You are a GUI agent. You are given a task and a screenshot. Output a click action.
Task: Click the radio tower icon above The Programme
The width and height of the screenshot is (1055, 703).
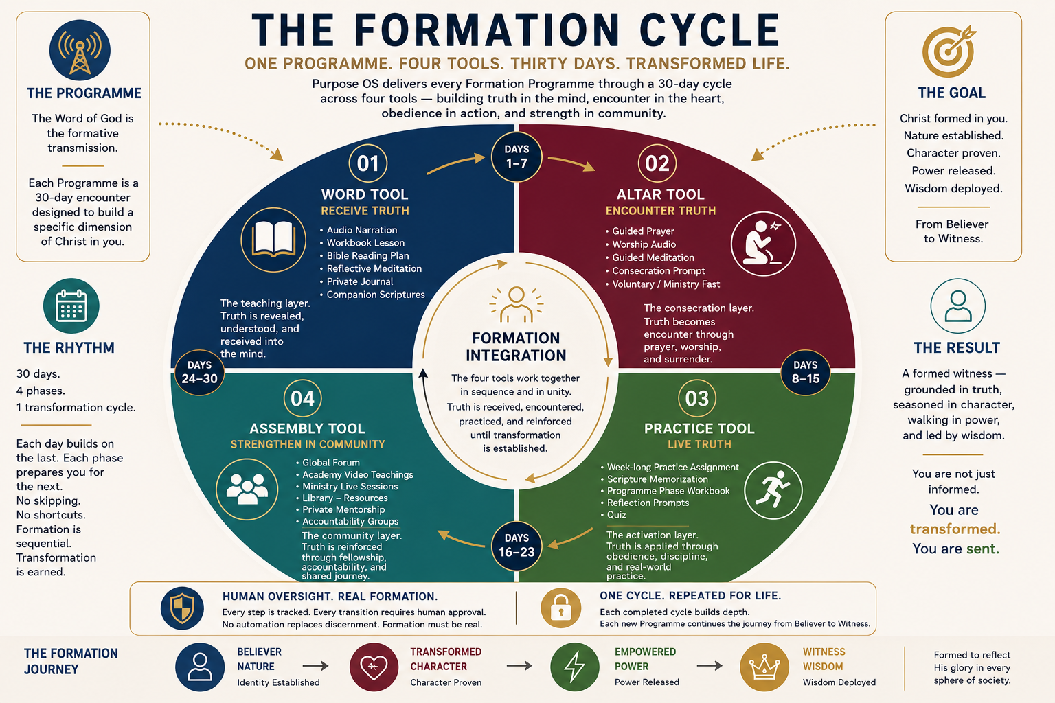pos(80,50)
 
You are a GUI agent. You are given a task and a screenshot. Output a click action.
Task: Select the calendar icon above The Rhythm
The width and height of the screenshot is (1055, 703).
pos(71,306)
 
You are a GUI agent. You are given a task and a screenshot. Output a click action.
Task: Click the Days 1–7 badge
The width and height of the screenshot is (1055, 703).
pos(517,157)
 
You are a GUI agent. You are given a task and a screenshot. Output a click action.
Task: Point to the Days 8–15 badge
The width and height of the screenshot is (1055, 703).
pos(806,373)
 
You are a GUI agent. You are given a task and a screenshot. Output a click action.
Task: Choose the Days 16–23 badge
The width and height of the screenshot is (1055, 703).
pos(517,546)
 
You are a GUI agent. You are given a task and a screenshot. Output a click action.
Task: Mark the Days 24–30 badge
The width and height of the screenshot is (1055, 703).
pos(199,373)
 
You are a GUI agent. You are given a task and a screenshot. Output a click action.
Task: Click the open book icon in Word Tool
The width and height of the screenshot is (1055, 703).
pos(273,240)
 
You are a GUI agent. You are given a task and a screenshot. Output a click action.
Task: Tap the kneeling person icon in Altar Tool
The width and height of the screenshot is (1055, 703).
pos(763,244)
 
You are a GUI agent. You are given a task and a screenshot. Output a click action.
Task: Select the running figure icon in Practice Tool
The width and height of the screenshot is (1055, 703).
pos(773,490)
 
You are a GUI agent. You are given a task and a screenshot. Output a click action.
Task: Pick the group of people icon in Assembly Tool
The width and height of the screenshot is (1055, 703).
pos(247,489)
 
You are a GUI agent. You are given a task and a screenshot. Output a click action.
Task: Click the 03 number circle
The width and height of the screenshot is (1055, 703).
pos(697,398)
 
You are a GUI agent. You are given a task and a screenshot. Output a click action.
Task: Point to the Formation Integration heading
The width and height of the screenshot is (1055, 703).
pos(517,347)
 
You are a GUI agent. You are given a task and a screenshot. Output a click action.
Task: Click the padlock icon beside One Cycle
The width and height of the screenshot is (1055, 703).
pos(560,608)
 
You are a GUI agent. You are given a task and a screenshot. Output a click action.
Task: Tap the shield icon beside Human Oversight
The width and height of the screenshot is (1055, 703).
pos(182,608)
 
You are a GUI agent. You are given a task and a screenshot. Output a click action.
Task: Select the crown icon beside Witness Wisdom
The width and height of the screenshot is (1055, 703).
pos(764,667)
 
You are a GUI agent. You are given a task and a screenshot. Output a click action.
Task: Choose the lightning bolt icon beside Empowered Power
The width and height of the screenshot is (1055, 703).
pos(575,667)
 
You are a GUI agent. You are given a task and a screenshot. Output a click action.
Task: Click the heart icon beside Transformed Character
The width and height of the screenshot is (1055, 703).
pos(374,667)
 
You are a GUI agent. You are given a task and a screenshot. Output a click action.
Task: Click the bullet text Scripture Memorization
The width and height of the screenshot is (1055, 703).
pos(657,479)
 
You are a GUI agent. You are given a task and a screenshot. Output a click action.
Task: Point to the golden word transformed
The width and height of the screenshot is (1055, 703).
pos(955,529)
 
